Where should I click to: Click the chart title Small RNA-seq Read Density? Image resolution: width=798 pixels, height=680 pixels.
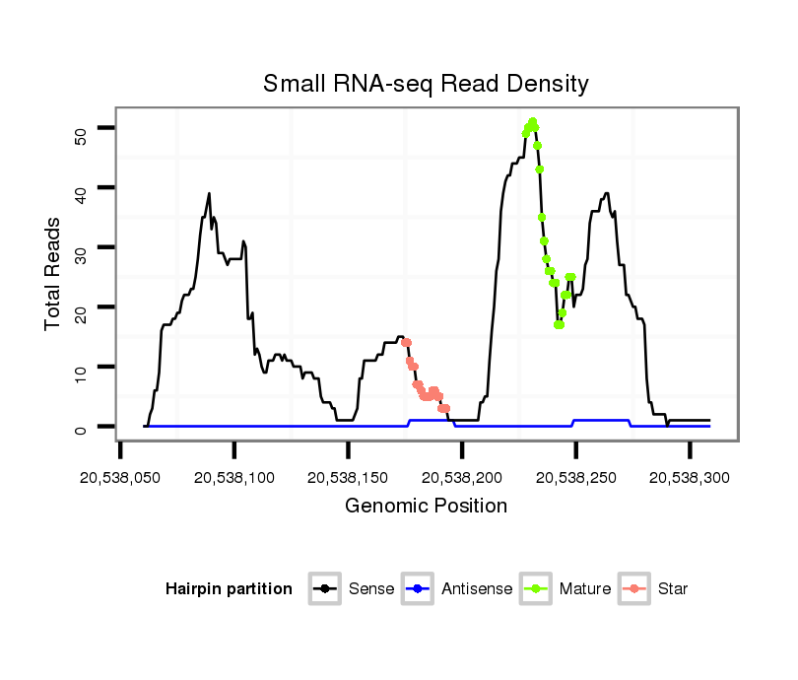tap(426, 84)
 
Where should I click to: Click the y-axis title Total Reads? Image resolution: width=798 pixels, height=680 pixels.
tap(54, 273)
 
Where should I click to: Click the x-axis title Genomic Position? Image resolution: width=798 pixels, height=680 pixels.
tap(426, 507)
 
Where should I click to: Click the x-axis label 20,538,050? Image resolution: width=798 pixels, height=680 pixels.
tap(120, 477)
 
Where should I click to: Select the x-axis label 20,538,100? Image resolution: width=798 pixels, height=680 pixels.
tap(234, 477)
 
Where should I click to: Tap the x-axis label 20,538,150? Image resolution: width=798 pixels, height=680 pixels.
tap(348, 477)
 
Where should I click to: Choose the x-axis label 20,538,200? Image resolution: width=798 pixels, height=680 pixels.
tap(462, 477)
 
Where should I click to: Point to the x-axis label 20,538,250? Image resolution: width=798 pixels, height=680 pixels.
tap(575, 477)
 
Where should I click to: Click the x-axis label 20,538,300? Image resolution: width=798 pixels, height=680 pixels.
tap(689, 477)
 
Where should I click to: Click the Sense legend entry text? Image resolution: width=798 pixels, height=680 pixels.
tap(371, 589)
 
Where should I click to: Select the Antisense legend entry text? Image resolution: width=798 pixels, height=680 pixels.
tap(477, 589)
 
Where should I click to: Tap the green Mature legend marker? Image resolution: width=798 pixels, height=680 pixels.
tap(537, 589)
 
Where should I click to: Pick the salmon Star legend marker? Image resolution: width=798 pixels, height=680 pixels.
tap(635, 589)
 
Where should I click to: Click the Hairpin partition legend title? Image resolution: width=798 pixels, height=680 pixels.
tap(229, 589)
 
